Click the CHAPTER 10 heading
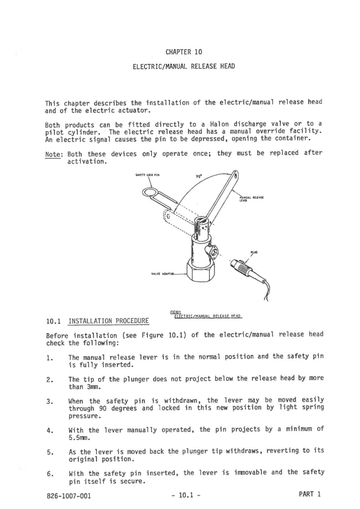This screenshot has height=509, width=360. click(183, 52)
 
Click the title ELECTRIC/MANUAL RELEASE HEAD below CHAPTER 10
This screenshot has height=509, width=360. click(183, 67)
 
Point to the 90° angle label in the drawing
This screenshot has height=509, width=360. click(199, 176)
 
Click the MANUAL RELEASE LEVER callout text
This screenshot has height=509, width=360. click(248, 198)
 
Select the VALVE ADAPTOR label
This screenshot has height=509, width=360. click(162, 274)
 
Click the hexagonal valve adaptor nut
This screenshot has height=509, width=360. click(201, 273)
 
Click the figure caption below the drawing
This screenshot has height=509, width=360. click(206, 315)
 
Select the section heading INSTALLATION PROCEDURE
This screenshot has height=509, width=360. click(108, 322)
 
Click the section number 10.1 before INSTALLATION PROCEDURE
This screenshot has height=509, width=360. click(54, 322)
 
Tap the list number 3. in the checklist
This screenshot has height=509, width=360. click(50, 401)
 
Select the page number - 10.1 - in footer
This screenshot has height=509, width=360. click(185, 495)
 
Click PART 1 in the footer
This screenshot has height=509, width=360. click(309, 495)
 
